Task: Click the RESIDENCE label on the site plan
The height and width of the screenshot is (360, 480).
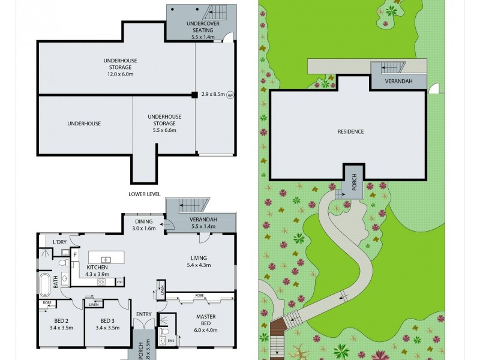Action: [x=350, y=131]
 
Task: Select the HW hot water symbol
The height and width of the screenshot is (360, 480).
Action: [x=230, y=94]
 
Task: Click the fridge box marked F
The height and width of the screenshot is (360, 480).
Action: [x=75, y=255]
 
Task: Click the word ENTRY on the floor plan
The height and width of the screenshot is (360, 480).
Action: [x=144, y=314]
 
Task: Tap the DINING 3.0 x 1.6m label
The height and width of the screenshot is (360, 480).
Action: [x=144, y=224]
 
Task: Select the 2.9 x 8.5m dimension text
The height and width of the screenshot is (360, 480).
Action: [x=213, y=94]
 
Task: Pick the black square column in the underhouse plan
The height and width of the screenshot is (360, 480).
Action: [x=194, y=94]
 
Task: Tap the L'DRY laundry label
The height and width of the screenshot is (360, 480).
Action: [x=59, y=242]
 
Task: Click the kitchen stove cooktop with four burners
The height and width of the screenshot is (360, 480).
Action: [x=101, y=281]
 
